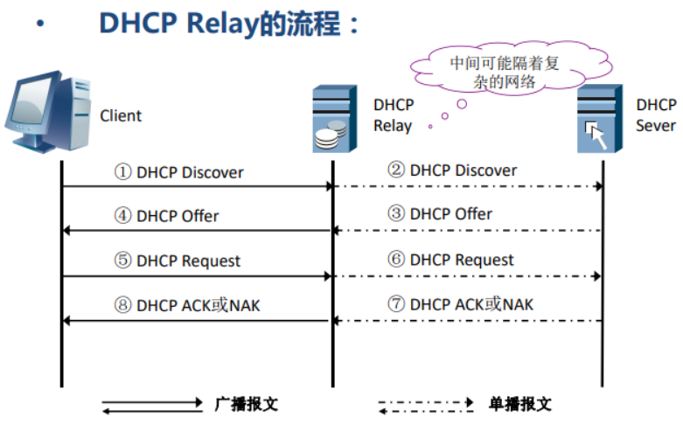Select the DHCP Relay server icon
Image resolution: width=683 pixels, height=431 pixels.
point(335,120)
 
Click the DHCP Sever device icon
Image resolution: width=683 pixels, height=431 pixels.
point(600,120)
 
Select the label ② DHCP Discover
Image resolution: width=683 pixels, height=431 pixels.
point(452,170)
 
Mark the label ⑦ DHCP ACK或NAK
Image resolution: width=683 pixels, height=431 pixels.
point(460,304)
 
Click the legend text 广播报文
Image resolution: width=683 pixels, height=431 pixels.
point(246,404)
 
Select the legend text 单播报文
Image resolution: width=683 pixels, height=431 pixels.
point(520,404)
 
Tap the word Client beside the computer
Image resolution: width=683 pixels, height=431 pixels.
point(121,115)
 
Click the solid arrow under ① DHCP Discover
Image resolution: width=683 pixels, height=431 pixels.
point(198,186)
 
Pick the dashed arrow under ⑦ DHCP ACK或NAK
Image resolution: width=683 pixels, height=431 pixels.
point(468,321)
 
